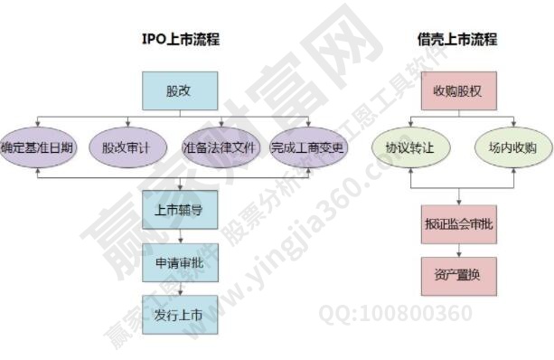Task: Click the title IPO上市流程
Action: click(181, 40)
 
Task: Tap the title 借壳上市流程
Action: click(457, 40)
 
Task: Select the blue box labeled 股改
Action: click(179, 91)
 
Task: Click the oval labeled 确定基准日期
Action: click(37, 147)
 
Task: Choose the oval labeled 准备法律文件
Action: click(221, 147)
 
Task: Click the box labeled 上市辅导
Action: click(179, 209)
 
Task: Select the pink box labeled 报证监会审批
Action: click(458, 222)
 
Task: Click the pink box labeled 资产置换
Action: click(458, 275)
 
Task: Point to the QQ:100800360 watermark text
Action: click(395, 314)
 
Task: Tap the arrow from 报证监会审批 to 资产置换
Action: click(458, 248)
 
